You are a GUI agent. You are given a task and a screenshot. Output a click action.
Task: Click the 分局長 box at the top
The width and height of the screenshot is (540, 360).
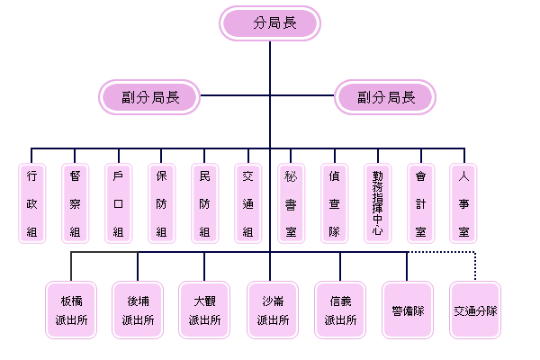tap(270, 23)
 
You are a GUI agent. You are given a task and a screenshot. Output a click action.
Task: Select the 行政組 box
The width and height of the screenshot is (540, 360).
tap(32, 202)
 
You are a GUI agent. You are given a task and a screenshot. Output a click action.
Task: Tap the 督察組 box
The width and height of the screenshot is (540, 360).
tap(76, 202)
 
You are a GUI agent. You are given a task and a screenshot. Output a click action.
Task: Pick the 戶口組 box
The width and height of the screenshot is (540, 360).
tap(118, 202)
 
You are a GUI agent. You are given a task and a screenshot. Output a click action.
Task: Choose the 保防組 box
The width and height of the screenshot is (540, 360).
tap(161, 202)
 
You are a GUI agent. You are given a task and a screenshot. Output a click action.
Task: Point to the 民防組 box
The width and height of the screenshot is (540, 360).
tap(204, 202)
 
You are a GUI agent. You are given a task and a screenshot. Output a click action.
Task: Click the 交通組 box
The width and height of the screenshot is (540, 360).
tap(247, 202)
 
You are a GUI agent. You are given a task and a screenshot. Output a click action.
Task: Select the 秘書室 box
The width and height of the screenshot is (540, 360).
tap(291, 202)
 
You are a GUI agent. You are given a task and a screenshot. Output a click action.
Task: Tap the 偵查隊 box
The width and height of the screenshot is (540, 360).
tap(334, 202)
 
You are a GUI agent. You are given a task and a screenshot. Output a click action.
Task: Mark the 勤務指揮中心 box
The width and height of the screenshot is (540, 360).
tap(377, 202)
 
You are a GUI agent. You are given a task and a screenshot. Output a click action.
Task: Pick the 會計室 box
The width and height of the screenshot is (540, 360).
tap(420, 202)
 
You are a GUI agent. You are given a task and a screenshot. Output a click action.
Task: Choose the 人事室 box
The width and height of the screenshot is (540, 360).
tap(463, 202)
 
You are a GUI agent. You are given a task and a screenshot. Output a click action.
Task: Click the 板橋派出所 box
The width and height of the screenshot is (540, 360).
tap(70, 310)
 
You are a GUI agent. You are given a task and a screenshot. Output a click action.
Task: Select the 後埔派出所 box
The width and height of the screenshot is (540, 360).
tap(138, 310)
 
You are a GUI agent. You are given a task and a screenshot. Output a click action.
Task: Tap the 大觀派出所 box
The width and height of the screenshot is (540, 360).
tap(205, 310)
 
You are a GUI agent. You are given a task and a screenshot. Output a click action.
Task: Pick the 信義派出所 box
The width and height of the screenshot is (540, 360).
tap(340, 310)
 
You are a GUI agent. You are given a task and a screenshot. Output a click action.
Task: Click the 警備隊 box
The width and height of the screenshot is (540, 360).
tap(408, 310)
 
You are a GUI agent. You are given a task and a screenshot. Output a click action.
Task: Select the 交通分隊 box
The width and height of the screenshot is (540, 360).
tap(475, 310)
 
